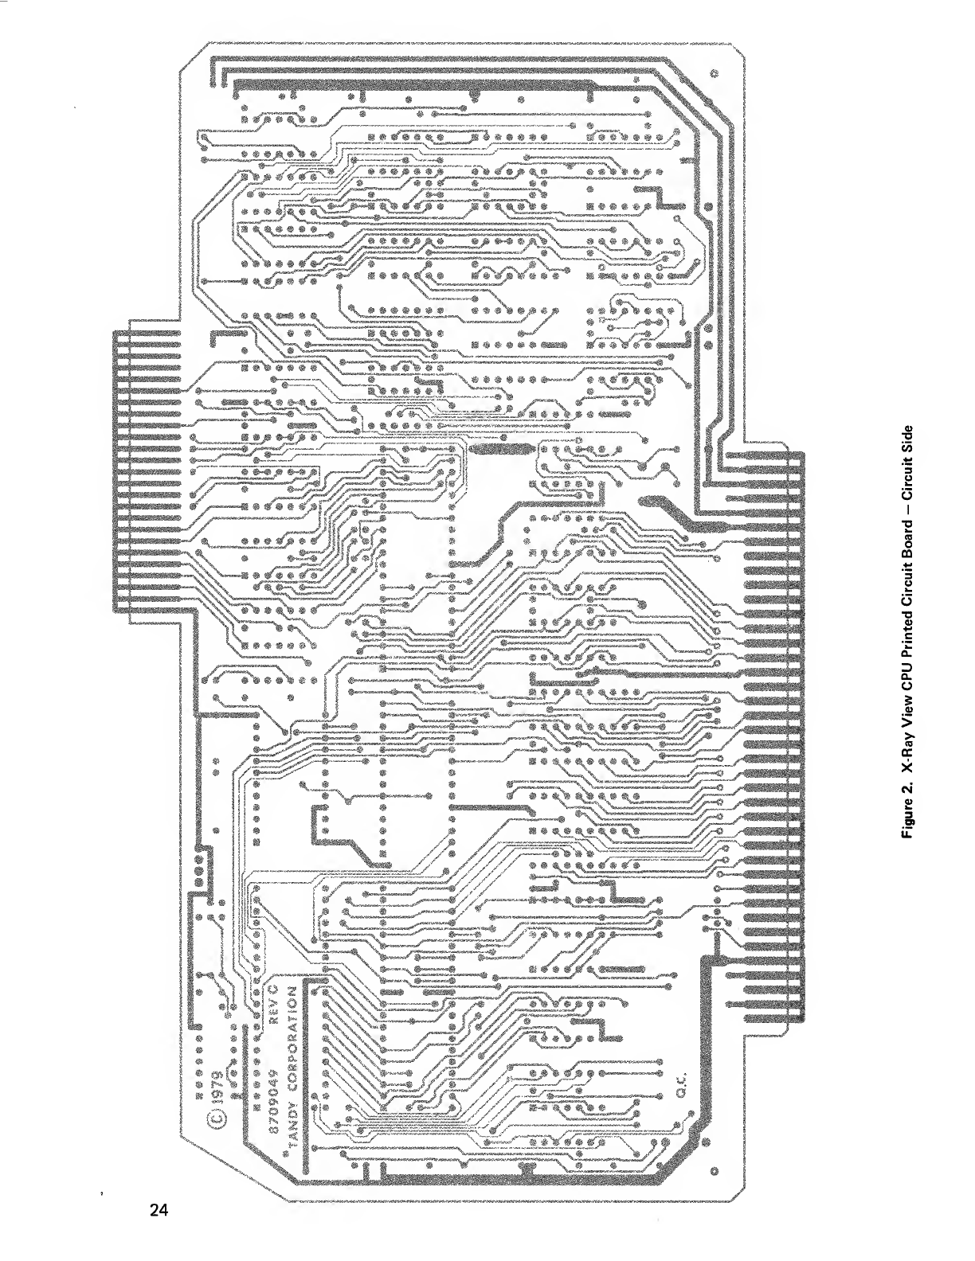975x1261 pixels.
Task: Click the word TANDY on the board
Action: [x=292, y=1137]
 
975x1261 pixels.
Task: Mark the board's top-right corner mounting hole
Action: [x=714, y=75]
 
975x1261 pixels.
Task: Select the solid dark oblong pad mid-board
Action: [x=499, y=450]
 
